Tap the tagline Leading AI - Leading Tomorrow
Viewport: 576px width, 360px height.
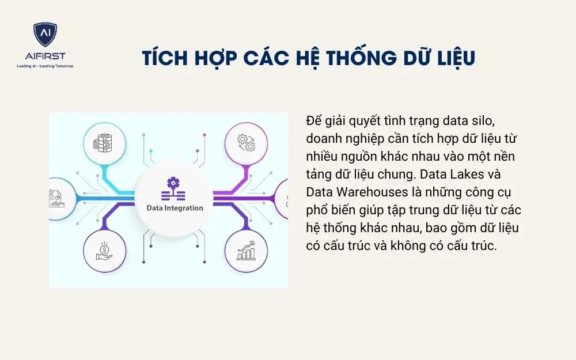pyautogui.click(x=45, y=66)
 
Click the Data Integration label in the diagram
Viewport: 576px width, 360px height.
pyautogui.click(x=175, y=208)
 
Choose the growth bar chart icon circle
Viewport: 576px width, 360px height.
pyautogui.click(x=245, y=251)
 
